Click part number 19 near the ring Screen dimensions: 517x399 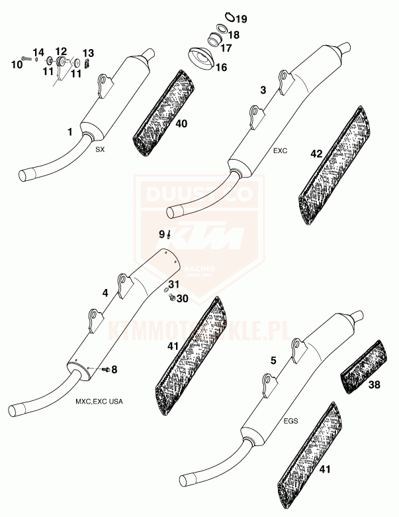tap(241, 19)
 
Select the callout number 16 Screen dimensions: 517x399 tap(221, 68)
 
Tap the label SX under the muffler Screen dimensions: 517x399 tap(100, 150)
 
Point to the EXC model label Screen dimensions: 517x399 tap(281, 151)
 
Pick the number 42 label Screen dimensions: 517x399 tap(316, 154)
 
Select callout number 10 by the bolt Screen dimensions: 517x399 tap(17, 64)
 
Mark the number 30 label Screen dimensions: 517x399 tap(182, 298)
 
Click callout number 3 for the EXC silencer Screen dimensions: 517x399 tap(264, 89)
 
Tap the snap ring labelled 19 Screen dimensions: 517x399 tap(229, 16)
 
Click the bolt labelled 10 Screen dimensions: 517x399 tap(26, 58)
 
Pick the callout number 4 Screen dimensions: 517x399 tap(105, 292)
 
